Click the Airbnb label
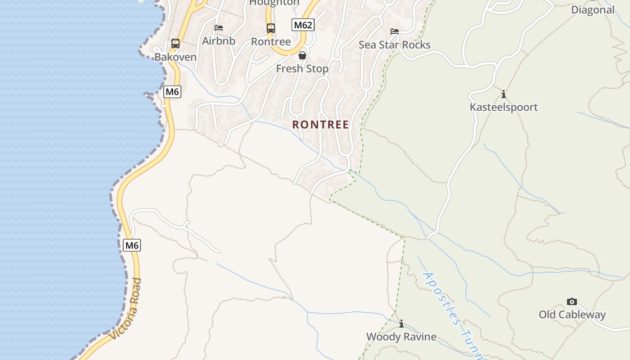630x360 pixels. pyautogui.click(x=218, y=41)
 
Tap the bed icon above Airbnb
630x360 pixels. pyautogui.click(x=219, y=28)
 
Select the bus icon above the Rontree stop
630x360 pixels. pyautogui.click(x=270, y=28)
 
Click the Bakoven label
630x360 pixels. pyautogui.click(x=175, y=57)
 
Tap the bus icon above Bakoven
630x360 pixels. pyautogui.click(x=175, y=44)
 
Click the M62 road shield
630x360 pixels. pyautogui.click(x=303, y=25)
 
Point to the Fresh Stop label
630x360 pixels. pyautogui.click(x=302, y=69)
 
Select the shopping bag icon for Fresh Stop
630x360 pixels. pyautogui.click(x=302, y=55)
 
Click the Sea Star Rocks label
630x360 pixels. pyautogui.click(x=395, y=45)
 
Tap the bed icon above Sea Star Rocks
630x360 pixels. pyautogui.click(x=395, y=31)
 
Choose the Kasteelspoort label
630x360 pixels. pyautogui.click(x=504, y=107)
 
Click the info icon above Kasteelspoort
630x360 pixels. pyautogui.click(x=504, y=94)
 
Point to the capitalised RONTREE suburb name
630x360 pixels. pyautogui.click(x=320, y=125)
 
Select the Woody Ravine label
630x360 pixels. pyautogui.click(x=401, y=337)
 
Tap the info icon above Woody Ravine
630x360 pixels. pyautogui.click(x=401, y=324)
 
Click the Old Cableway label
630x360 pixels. pyautogui.click(x=572, y=315)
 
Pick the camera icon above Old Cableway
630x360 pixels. pyautogui.click(x=572, y=301)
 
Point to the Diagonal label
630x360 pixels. pyautogui.click(x=593, y=9)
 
